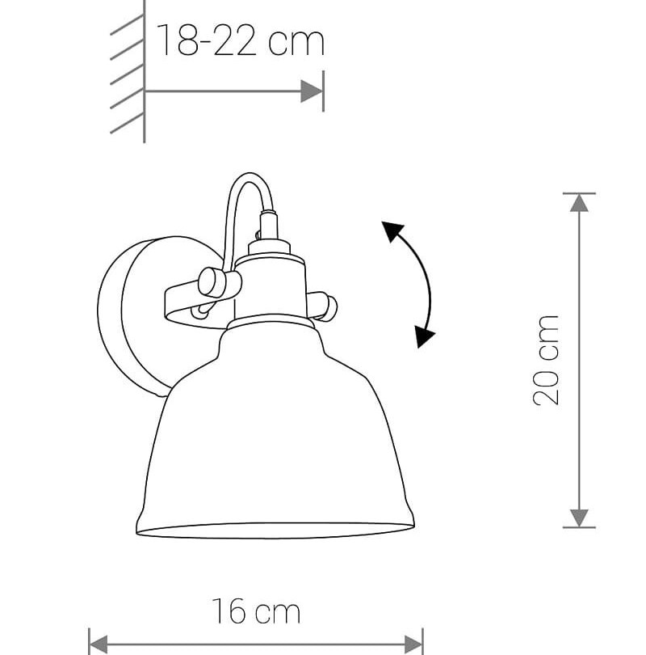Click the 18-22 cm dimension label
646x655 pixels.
(240, 40)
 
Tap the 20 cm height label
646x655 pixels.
(546, 360)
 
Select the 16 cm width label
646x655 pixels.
(256, 611)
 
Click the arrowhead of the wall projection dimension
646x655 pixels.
(311, 91)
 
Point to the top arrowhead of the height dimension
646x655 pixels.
(579, 204)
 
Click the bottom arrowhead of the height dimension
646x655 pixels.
(579, 518)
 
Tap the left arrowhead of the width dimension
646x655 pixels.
(99, 644)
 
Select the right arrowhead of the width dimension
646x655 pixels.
(413, 644)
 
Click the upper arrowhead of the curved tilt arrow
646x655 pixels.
(392, 231)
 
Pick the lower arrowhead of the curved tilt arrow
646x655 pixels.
(424, 336)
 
